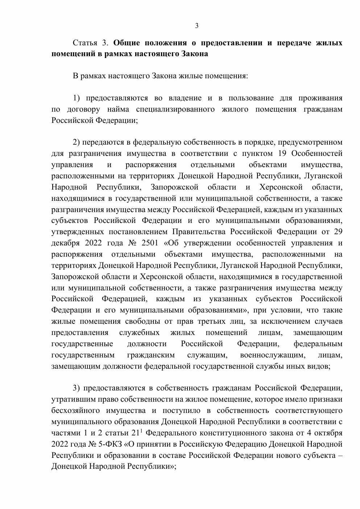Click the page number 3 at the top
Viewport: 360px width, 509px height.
point(197,25)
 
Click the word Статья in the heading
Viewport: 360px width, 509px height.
point(85,43)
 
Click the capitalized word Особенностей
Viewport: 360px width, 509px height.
point(317,153)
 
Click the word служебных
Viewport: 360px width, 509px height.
point(139,332)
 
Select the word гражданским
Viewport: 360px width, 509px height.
point(151,355)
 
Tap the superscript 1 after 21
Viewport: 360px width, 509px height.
point(141,430)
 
